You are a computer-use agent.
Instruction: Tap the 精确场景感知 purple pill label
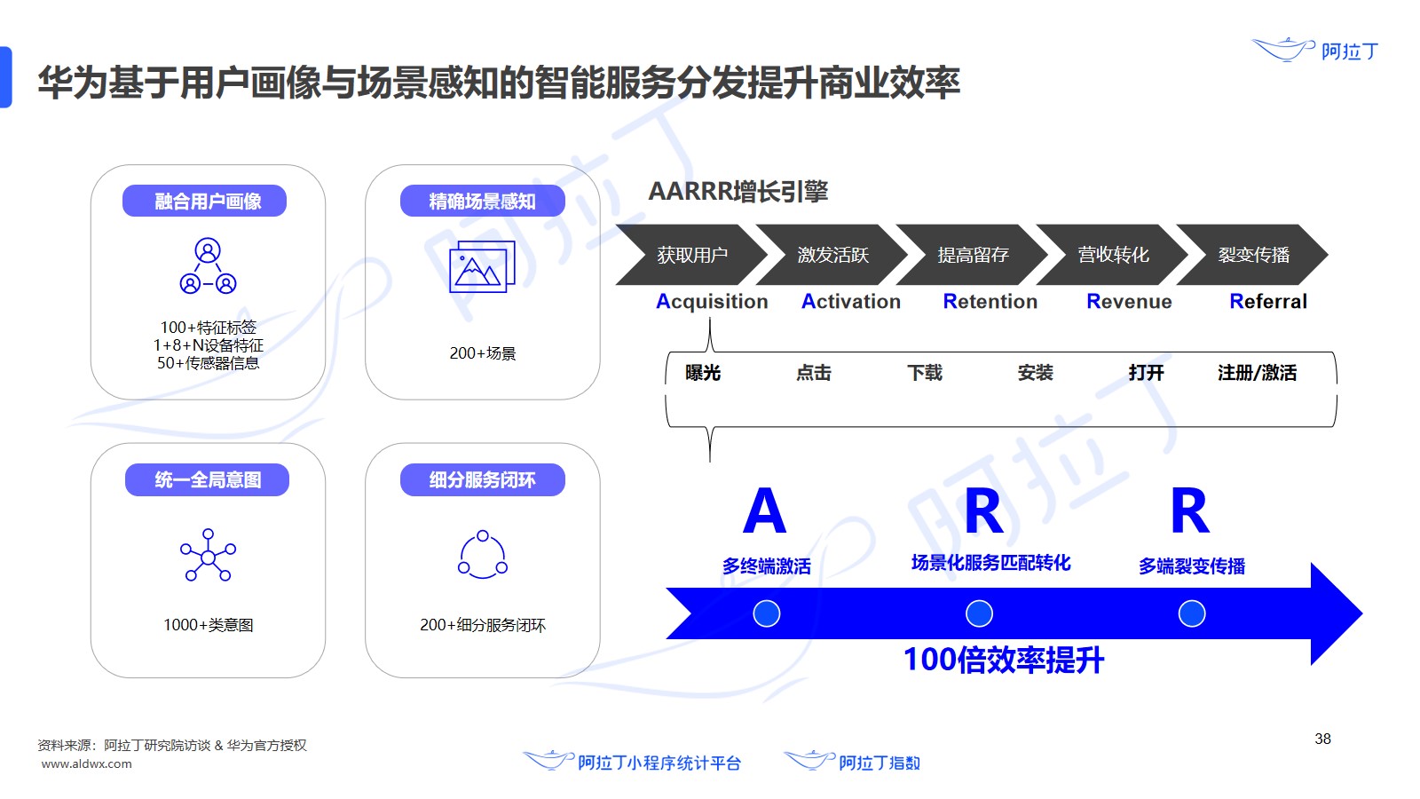pyautogui.click(x=482, y=202)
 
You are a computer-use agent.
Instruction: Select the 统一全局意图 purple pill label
pyautogui.click(x=207, y=480)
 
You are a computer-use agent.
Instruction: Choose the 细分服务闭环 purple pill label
pyautogui.click(x=482, y=480)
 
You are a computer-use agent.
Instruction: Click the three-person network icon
pyautogui.click(x=208, y=266)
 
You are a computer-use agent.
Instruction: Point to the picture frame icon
pyautogui.click(x=482, y=267)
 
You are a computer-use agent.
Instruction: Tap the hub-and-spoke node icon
pyautogui.click(x=208, y=556)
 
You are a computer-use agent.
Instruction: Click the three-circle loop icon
pyautogui.click(x=482, y=555)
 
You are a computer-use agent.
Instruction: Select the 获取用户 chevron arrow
pyautogui.click(x=691, y=255)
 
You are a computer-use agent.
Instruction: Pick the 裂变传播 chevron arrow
pyautogui.click(x=1252, y=255)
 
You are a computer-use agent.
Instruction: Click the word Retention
pyautogui.click(x=990, y=302)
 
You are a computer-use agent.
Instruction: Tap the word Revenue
pyautogui.click(x=1129, y=302)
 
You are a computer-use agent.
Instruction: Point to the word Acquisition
pyautogui.click(x=712, y=302)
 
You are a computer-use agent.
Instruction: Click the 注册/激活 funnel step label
pyautogui.click(x=1257, y=373)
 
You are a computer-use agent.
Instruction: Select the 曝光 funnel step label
pyautogui.click(x=703, y=373)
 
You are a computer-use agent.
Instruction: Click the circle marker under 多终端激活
pyautogui.click(x=766, y=613)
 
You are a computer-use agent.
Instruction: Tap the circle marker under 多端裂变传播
pyautogui.click(x=1191, y=613)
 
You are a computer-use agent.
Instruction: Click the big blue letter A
pyautogui.click(x=764, y=511)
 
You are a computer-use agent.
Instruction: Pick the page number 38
pyautogui.click(x=1322, y=739)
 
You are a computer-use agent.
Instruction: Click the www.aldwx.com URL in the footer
pyautogui.click(x=86, y=764)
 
